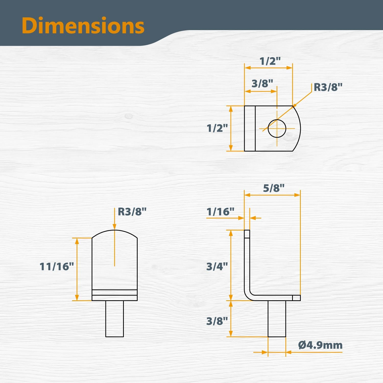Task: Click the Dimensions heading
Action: coord(83,26)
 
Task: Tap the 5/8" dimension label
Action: coord(274,188)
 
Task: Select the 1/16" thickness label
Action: coord(220,212)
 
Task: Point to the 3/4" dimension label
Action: coord(217,266)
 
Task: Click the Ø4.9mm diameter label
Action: coord(320,345)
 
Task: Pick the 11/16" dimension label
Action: coord(57,267)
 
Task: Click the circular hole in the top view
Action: coord(277,128)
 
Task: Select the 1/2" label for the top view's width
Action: coord(270,61)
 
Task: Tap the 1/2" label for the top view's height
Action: coord(217,128)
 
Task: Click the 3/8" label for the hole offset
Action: coord(262,83)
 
